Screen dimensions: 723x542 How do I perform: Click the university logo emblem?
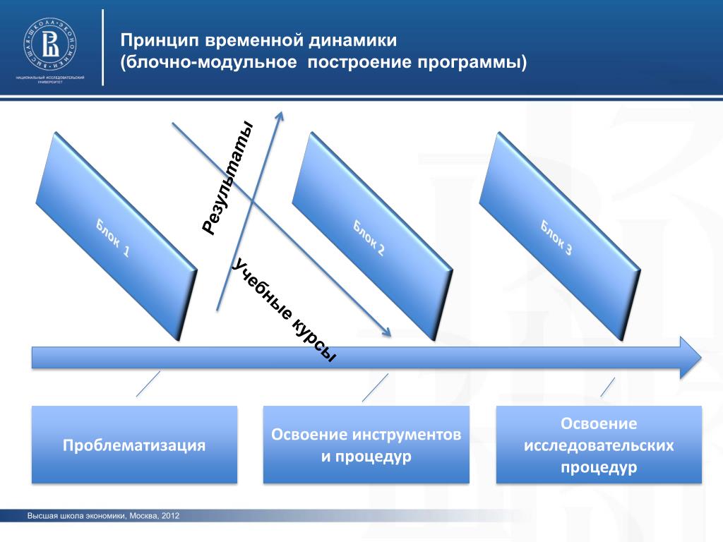[x=50, y=44]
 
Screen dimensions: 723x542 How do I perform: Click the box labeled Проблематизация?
[x=134, y=445]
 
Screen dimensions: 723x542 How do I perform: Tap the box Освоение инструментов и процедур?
[x=366, y=445]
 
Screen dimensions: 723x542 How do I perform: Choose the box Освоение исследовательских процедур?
[x=599, y=445]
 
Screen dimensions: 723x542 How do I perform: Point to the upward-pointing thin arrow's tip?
[x=281, y=114]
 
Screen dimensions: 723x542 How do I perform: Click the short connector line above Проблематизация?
[x=148, y=385]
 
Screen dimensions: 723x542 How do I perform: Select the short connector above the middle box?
[x=375, y=387]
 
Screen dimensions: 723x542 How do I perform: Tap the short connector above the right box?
[x=607, y=387]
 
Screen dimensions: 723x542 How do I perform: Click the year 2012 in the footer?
[x=171, y=516]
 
